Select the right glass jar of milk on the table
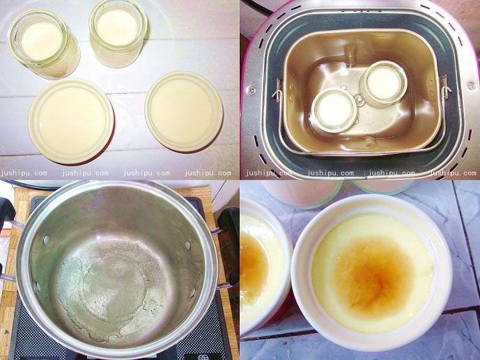pos(118,32)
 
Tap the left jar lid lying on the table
pos(71,120)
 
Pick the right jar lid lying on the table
pos(184,111)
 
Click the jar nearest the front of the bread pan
pos(334,111)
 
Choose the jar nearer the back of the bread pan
pos(385,83)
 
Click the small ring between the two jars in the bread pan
pos(359,99)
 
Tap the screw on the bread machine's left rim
pos(251,90)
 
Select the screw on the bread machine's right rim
pos(472,86)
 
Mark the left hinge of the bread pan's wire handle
pos(277,90)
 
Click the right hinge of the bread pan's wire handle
pos(444,87)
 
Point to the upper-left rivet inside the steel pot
pos(46,240)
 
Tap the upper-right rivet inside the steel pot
pos(187,245)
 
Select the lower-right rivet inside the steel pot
pos(192,292)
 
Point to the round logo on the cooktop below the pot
pos(202,357)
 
